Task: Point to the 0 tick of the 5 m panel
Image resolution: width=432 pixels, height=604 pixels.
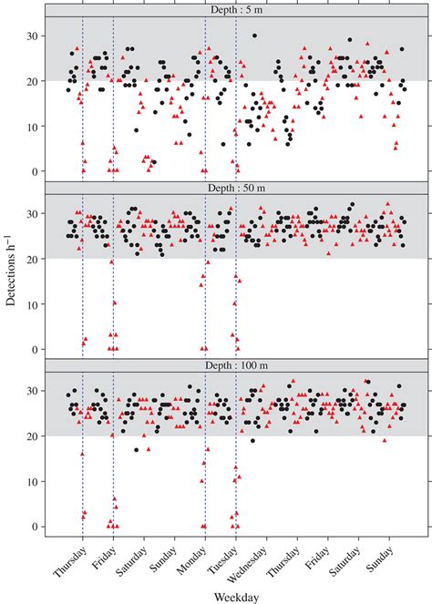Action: pos(32,171)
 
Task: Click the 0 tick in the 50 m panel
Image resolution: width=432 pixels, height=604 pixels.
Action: pos(32,349)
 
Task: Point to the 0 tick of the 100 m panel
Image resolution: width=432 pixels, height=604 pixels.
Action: pos(32,527)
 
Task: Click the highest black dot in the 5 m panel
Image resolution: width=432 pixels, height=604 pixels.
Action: pos(254,36)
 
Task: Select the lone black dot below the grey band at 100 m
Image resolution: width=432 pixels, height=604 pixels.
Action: pos(137,449)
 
